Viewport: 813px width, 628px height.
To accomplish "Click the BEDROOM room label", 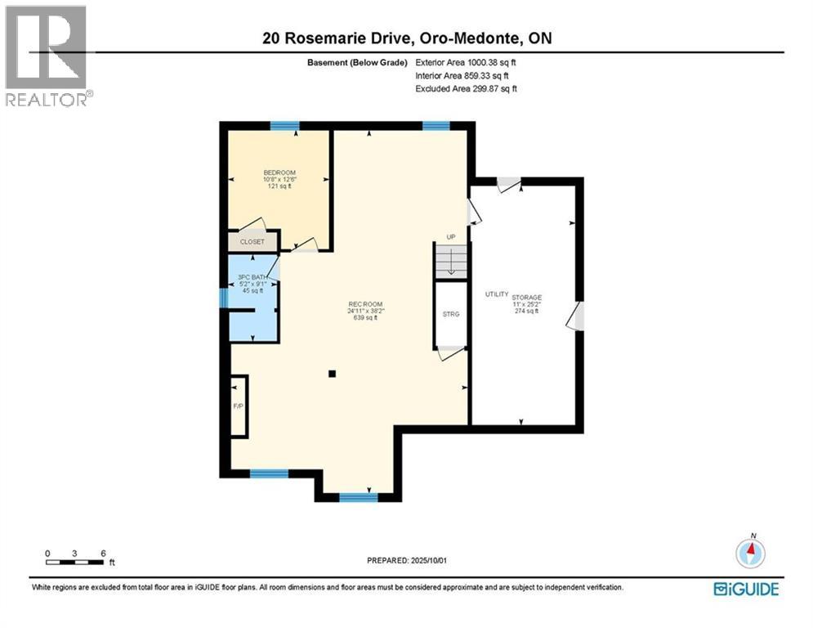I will [x=278, y=172].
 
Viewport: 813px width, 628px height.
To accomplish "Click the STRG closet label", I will [x=450, y=313].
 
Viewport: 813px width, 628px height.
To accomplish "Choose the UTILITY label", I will [x=497, y=294].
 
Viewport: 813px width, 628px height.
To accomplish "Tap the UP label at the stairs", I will [x=450, y=237].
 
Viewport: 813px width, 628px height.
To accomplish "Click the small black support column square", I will [x=332, y=375].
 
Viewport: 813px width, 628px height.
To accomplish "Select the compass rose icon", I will [x=749, y=554].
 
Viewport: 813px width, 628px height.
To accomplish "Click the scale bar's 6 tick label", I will [x=102, y=553].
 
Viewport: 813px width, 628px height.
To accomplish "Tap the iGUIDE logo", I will [x=745, y=589].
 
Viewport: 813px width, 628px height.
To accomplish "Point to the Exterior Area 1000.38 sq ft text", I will [x=466, y=61].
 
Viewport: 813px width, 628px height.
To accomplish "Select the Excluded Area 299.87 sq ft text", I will [x=466, y=88].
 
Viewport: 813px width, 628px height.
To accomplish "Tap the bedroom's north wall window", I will [x=284, y=126].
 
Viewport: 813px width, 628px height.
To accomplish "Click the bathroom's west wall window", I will [x=224, y=297].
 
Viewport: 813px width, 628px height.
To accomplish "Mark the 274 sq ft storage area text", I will [x=527, y=311].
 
